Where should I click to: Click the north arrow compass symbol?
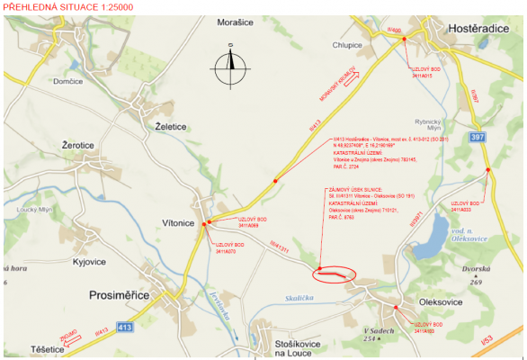[231, 63]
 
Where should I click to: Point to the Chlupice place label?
[346, 44]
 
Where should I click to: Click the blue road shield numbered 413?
[125, 327]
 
